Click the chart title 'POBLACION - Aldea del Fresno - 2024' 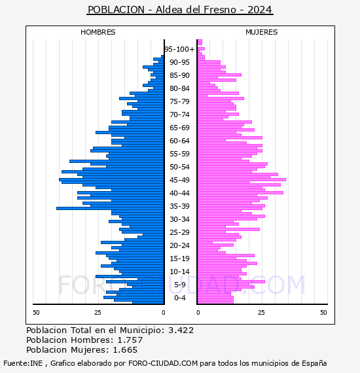(x=180, y=10)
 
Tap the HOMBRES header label (x=98, y=32)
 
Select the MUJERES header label (x=262, y=32)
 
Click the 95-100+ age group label (x=179, y=49)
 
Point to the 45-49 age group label (x=179, y=180)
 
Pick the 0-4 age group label (x=179, y=298)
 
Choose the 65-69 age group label (x=179, y=128)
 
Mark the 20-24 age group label (x=179, y=245)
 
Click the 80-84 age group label (x=179, y=88)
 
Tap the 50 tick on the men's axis (x=36, y=313)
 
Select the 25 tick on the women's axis (x=261, y=313)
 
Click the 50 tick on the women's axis (x=323, y=313)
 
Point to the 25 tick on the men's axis (x=98, y=313)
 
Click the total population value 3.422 (x=181, y=330)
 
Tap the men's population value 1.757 (x=130, y=340)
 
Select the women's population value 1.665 (x=125, y=350)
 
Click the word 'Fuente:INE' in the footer (x=23, y=363)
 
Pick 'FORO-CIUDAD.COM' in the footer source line (x=163, y=363)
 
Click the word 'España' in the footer (x=314, y=364)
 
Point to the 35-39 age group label (x=179, y=206)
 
